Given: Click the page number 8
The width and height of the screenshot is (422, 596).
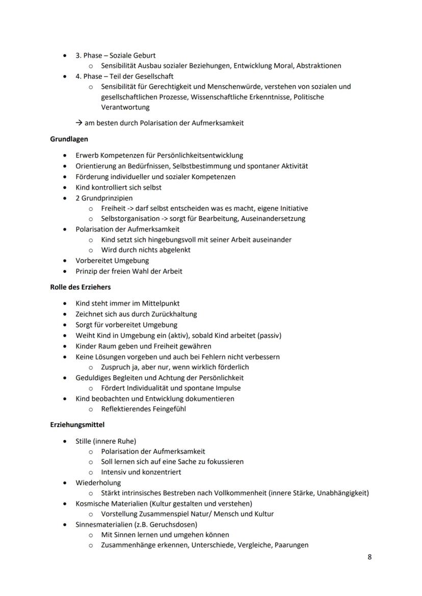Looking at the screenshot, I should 370,557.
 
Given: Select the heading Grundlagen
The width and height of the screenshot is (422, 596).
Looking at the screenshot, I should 69,139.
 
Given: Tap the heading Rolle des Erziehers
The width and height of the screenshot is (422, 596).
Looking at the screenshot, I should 80,287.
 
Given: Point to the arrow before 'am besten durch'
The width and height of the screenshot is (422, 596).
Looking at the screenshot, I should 80,123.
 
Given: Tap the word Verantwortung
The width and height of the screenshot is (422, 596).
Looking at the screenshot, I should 125,107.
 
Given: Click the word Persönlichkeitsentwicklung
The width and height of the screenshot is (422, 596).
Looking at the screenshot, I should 199,155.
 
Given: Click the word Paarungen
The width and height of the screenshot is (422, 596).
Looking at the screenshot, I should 291,545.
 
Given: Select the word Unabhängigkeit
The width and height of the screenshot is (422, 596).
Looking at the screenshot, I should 342,493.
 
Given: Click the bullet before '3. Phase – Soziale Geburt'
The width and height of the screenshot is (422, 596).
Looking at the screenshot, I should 64,55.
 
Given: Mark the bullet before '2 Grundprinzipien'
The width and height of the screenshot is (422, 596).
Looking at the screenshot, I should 64,198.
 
